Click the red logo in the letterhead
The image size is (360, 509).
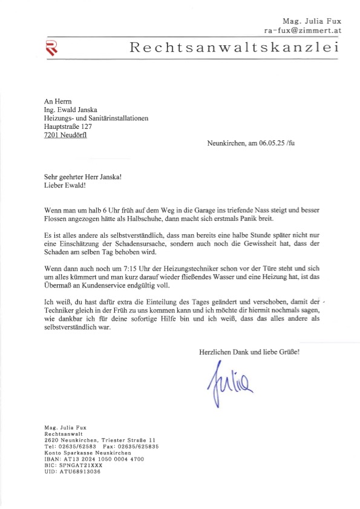click(53, 47)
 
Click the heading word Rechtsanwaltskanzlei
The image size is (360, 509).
click(234, 48)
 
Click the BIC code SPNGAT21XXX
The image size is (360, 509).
click(79, 465)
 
